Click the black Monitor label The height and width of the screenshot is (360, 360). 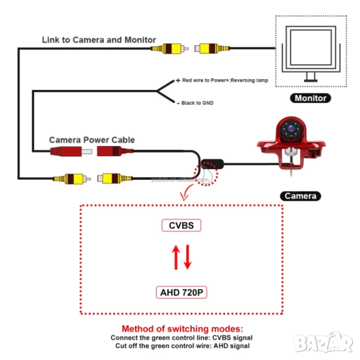tap(310, 98)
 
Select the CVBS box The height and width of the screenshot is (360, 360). tap(181, 226)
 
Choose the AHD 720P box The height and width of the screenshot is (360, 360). tap(181, 293)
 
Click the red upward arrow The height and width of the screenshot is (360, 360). tap(176, 258)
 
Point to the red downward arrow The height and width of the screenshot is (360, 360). tap(187, 258)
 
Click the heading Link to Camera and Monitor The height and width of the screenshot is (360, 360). tap(99, 40)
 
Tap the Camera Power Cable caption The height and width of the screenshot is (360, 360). tap(92, 140)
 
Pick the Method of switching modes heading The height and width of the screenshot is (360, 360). tap(181, 329)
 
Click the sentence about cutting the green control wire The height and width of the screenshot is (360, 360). tap(181, 346)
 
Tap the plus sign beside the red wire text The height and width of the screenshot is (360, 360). tap(178, 80)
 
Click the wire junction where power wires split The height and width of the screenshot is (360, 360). tap(157, 91)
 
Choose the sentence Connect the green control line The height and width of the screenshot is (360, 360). tap(181, 338)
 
